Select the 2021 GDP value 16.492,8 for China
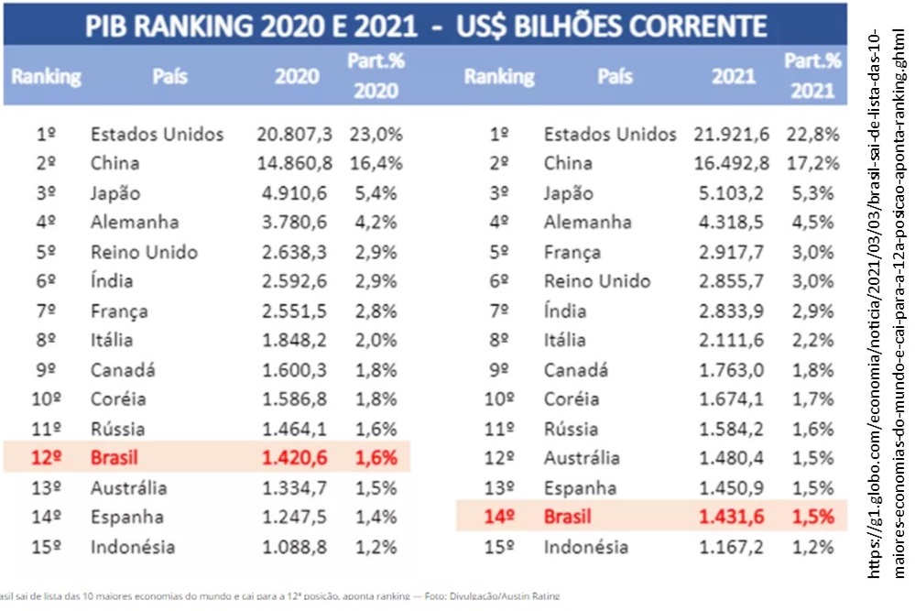tap(730, 164)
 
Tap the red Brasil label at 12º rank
tap(114, 458)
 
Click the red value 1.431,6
tap(730, 517)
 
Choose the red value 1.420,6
tap(295, 458)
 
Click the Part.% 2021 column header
tap(812, 75)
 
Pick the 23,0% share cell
tap(376, 135)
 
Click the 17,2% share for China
tap(812, 164)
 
